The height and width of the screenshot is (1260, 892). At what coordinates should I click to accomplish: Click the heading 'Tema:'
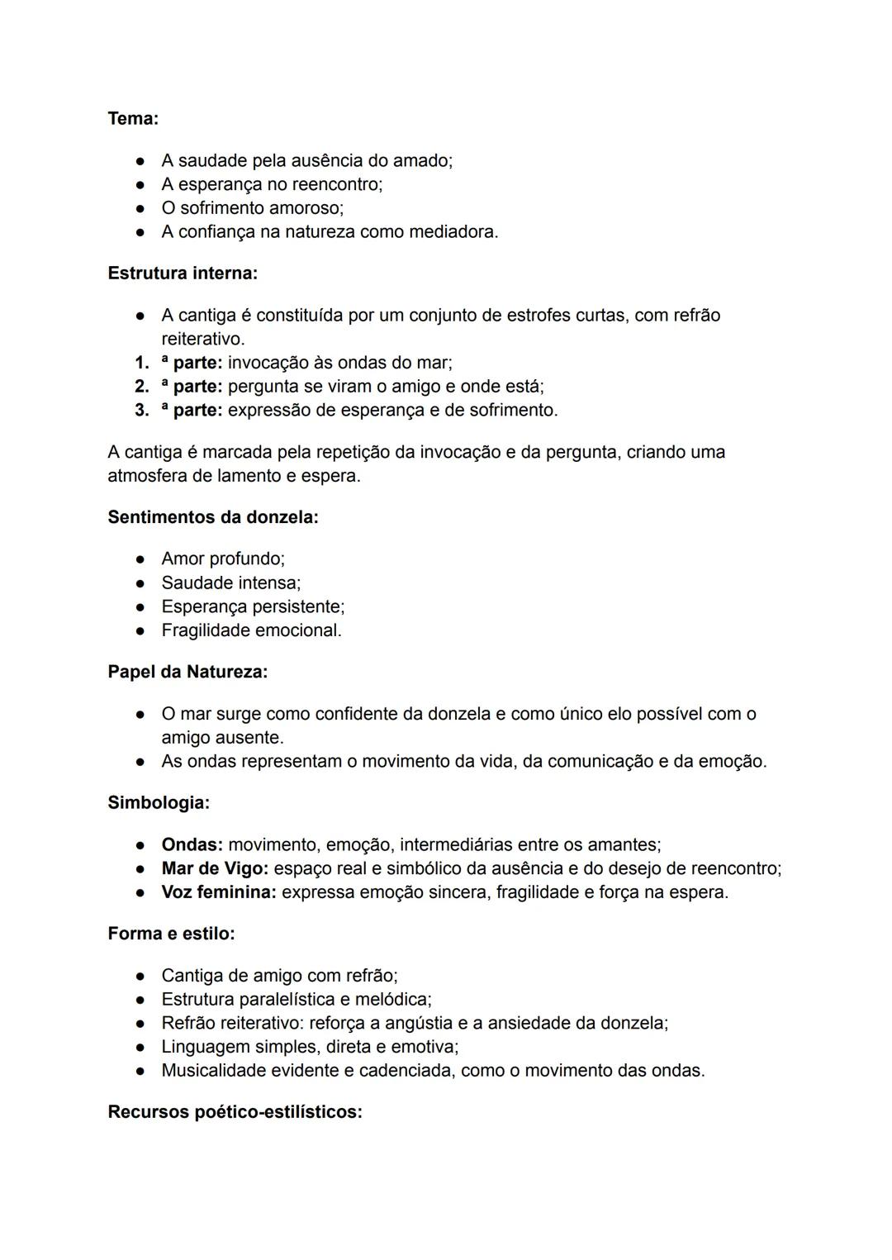133,119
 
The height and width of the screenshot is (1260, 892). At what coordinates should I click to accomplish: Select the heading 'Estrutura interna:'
183,273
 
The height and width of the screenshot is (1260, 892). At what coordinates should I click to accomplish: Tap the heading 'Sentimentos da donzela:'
213,517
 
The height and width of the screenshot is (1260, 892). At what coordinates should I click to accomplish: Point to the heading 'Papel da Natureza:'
187,672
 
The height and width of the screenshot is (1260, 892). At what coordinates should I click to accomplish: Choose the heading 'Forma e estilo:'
171,934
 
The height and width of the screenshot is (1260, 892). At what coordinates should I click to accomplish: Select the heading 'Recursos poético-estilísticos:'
235,1112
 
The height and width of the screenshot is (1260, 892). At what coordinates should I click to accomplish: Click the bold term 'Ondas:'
192,844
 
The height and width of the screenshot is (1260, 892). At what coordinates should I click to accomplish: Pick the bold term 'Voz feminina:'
219,892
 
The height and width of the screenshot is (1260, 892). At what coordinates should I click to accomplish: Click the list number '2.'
142,386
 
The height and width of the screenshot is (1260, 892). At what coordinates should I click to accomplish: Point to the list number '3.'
142,410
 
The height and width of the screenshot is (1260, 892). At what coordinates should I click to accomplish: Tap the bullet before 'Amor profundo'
141,559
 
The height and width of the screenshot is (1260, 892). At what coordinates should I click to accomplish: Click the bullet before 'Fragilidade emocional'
141,631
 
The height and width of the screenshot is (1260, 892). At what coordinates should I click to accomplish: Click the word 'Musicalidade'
214,1071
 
